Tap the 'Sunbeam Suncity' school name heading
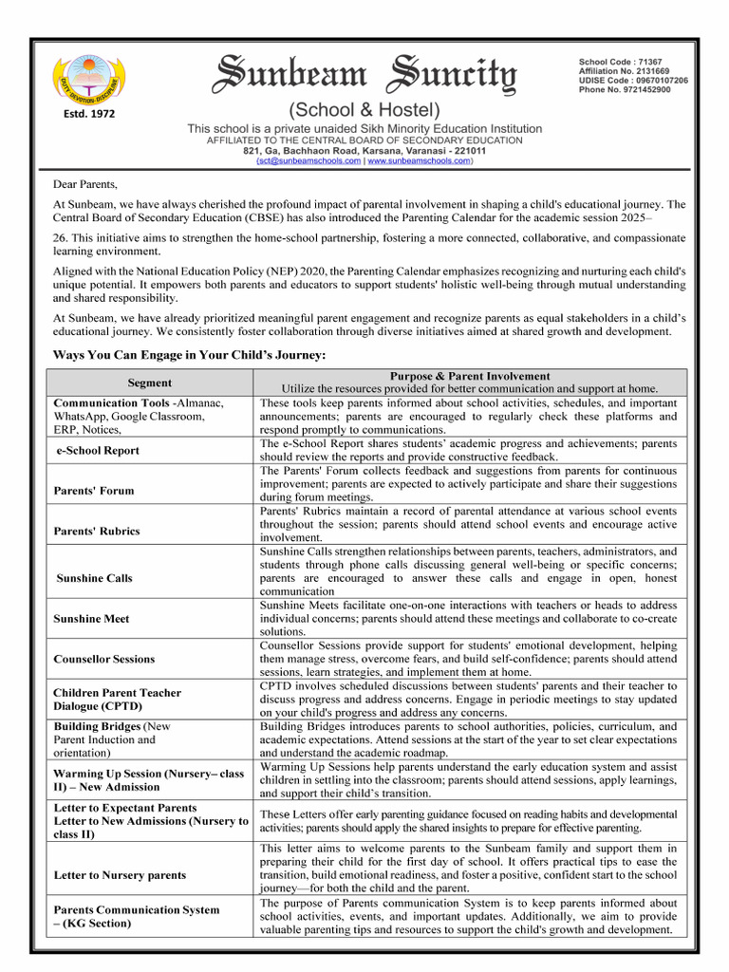364,74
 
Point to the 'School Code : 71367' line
620,62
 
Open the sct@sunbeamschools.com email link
309,161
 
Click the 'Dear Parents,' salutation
85,184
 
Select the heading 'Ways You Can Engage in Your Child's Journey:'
190,355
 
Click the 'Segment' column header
150,383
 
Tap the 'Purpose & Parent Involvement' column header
470,377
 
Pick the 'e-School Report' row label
97,451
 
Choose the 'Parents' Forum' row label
94,491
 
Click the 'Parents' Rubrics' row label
96,531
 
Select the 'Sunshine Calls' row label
94,578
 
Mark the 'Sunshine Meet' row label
92,619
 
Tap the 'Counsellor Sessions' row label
103,659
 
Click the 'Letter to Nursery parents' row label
120,875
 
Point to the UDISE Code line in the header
633,81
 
